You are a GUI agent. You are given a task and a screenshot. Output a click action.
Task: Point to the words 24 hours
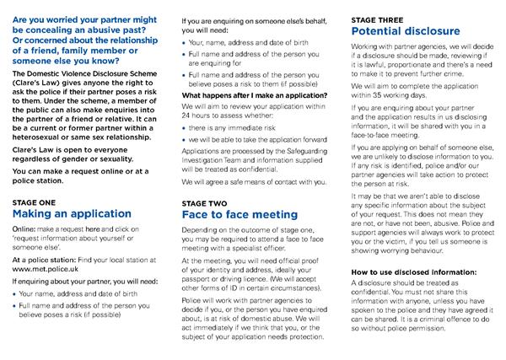(x=200, y=115)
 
